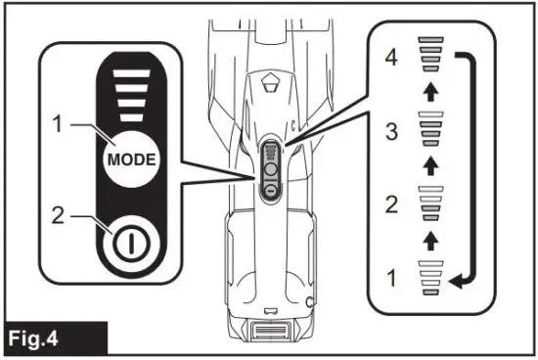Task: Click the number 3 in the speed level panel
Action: pos(391,128)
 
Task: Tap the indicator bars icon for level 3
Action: pos(429,129)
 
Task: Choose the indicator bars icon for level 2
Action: pos(429,203)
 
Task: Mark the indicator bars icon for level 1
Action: pos(429,278)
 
